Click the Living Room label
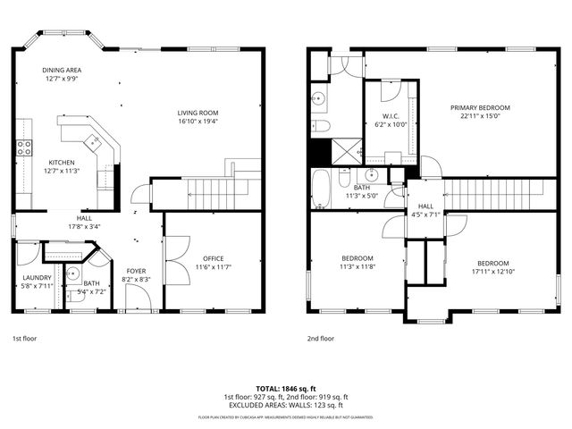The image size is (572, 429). tap(198, 112)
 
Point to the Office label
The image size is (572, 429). tap(213, 258)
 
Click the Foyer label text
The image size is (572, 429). tap(136, 271)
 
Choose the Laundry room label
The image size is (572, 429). tap(37, 277)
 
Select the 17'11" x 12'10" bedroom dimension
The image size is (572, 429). tap(493, 272)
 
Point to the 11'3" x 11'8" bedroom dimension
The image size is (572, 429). tap(357, 266)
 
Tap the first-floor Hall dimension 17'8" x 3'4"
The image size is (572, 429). tap(83, 226)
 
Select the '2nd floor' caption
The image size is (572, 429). tap(321, 339)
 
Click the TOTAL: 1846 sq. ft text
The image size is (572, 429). tap(285, 389)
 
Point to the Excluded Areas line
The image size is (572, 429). tap(285, 405)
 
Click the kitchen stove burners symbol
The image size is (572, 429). tap(24, 148)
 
